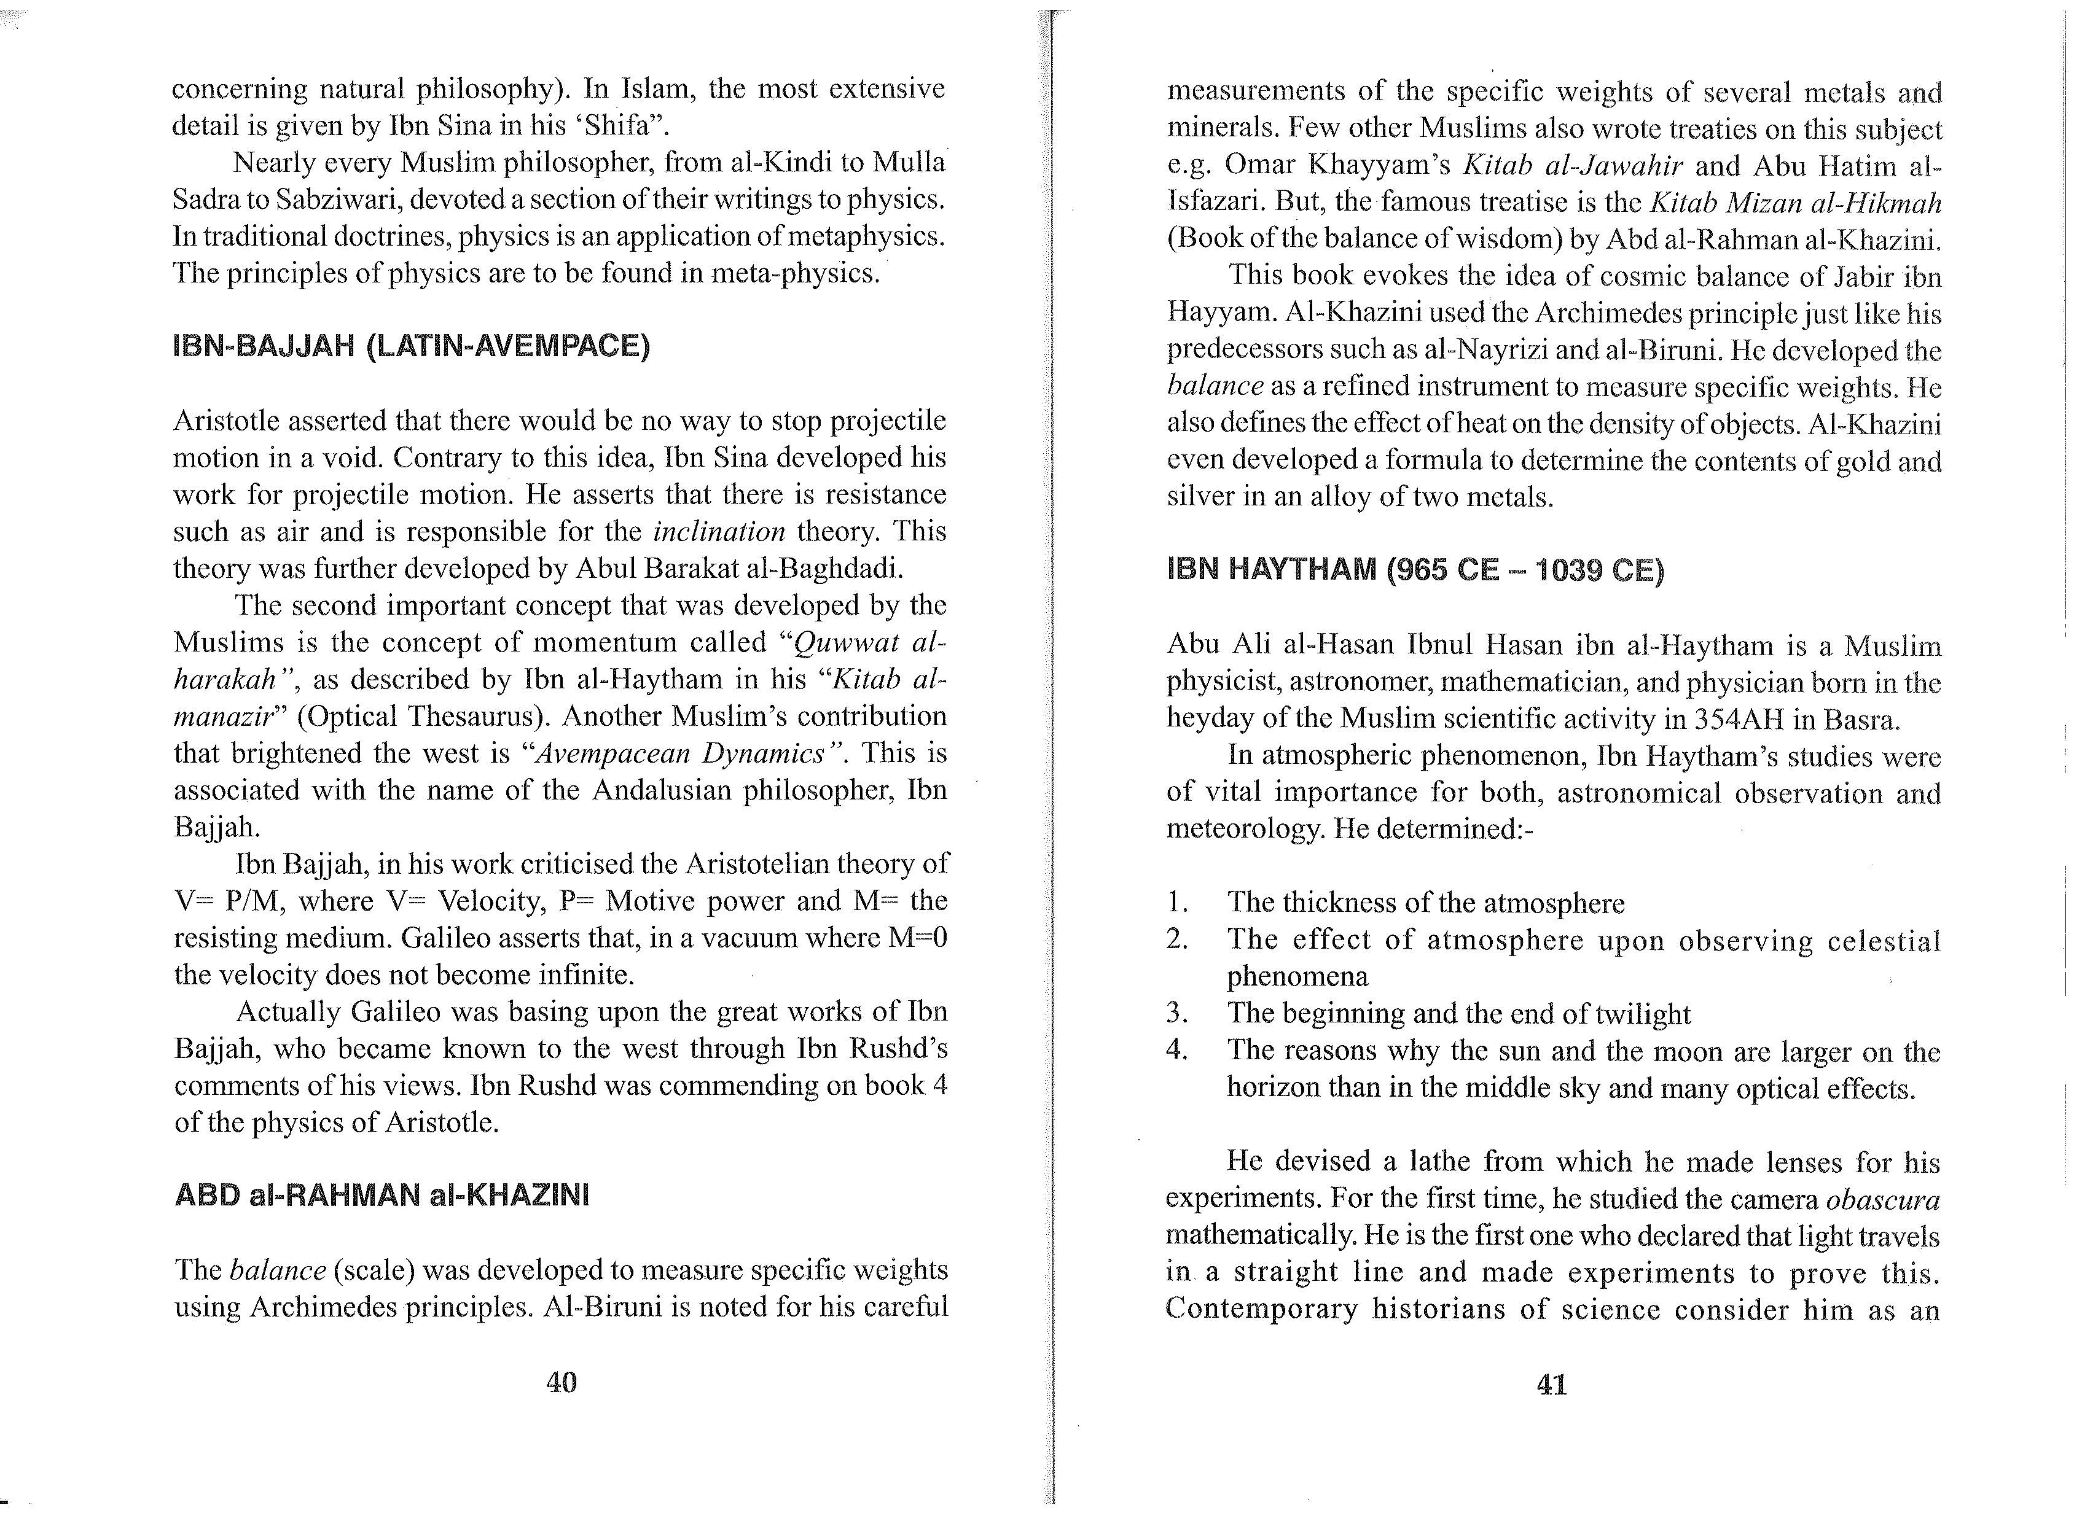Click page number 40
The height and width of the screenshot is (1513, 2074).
[561, 1381]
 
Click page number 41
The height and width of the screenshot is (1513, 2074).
[1551, 1384]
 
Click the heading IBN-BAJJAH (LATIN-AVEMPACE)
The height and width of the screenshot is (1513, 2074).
[412, 346]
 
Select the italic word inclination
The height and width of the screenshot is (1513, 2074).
[719, 531]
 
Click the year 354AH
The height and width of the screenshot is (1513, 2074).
[1739, 719]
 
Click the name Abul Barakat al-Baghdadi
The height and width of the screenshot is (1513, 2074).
[738, 569]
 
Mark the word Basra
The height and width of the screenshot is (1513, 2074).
[1860, 719]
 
